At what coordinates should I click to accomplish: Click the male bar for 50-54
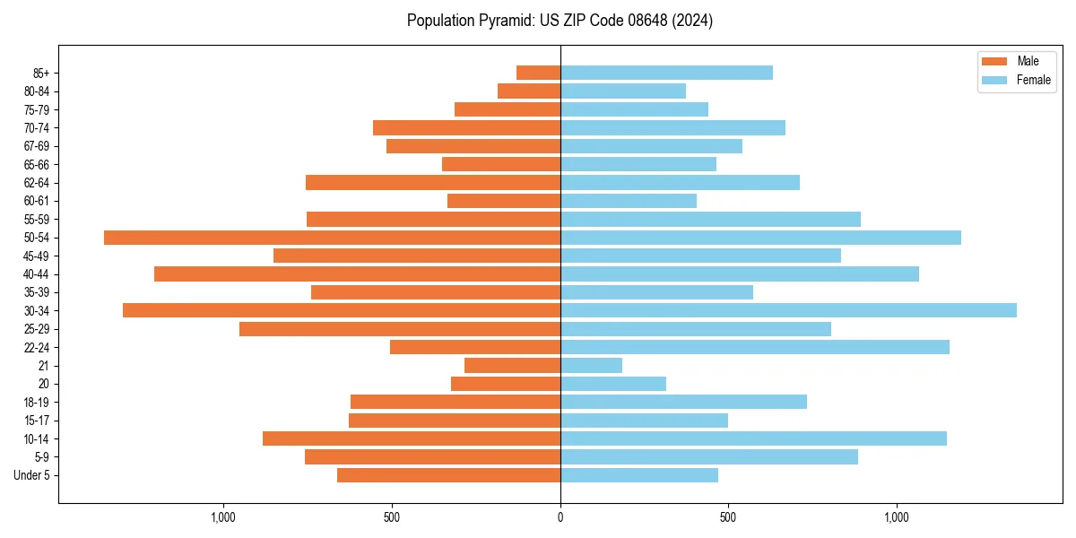tap(332, 238)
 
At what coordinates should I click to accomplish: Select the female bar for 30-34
tap(788, 310)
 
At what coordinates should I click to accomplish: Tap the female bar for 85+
tap(666, 73)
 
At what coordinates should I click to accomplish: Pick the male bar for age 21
tap(512, 366)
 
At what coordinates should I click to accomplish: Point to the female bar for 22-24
tap(754, 347)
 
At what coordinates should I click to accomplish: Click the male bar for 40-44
tap(357, 273)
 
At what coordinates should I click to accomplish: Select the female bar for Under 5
tap(638, 475)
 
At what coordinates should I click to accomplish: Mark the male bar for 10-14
tap(411, 438)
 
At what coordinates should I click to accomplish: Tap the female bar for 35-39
tap(656, 292)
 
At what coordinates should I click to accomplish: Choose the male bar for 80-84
tap(529, 91)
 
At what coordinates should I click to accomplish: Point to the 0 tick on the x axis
tap(560, 517)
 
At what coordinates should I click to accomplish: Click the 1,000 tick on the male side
tap(223, 517)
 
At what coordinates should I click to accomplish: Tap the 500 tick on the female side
tap(728, 517)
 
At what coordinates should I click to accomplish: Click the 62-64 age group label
tap(37, 183)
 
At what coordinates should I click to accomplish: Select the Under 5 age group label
tap(31, 475)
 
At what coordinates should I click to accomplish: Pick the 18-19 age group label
tap(37, 403)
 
